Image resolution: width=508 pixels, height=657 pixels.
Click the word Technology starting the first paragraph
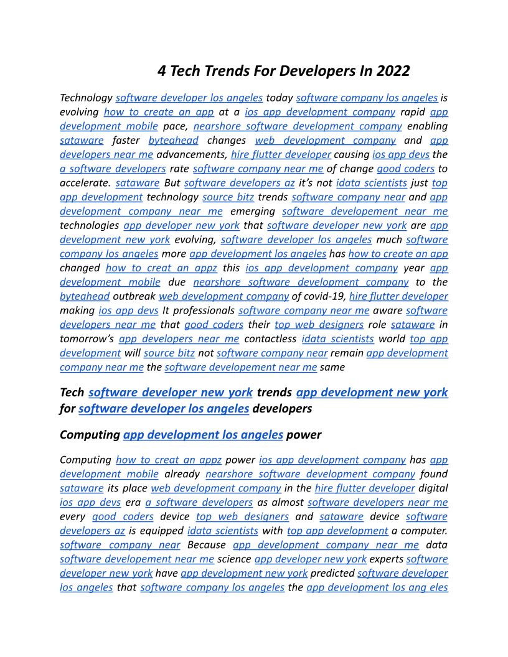point(85,98)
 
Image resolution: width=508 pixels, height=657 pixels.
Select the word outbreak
point(134,296)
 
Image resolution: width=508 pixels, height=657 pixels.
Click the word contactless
point(270,339)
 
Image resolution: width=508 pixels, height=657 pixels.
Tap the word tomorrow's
point(87,339)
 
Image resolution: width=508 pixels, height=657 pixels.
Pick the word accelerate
point(85,183)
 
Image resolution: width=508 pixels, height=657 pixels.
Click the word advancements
point(191,154)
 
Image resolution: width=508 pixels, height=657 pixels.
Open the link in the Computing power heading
point(203,435)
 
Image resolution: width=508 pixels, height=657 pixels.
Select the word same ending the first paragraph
point(332,368)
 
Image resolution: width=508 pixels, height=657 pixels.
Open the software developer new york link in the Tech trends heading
point(171,393)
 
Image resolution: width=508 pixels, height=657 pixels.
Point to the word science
point(234,559)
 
